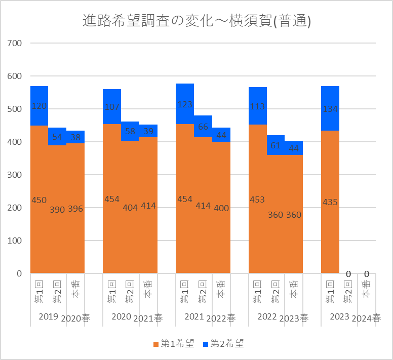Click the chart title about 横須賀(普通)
point(196,21)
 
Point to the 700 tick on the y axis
point(15,44)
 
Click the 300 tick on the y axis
point(15,175)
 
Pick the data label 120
point(39,106)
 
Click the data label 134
point(330,109)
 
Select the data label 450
point(39,200)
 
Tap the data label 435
point(330,202)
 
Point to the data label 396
point(75,209)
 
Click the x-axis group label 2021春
point(148,318)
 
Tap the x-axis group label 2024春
point(367,318)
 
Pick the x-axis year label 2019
point(49,316)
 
